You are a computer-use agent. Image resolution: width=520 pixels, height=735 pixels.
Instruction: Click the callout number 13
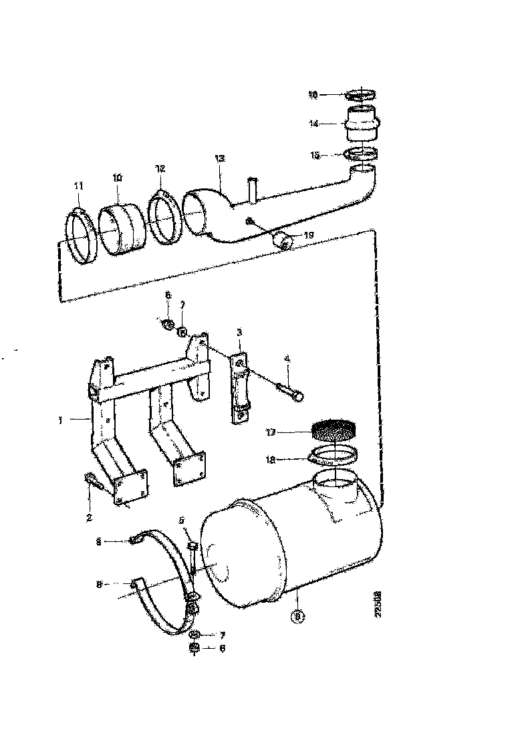[220, 159]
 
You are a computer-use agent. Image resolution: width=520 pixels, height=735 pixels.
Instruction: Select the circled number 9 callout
[299, 616]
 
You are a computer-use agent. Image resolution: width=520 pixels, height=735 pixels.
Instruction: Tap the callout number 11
[78, 186]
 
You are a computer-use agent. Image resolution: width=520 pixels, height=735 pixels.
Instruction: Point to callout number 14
[313, 124]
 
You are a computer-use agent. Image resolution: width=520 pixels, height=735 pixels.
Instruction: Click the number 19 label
[308, 235]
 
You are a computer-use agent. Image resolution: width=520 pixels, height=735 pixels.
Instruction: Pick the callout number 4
[287, 359]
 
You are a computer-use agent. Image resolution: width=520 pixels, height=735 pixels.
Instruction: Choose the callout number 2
[89, 517]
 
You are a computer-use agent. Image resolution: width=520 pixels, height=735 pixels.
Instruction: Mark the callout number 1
[61, 420]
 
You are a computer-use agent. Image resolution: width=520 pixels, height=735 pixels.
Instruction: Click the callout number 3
[239, 331]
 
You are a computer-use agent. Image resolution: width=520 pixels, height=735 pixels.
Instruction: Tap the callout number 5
[181, 520]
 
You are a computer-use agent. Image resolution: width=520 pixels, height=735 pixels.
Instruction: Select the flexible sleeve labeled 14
[362, 124]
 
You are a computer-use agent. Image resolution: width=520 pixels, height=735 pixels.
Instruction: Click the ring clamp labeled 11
[81, 237]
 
